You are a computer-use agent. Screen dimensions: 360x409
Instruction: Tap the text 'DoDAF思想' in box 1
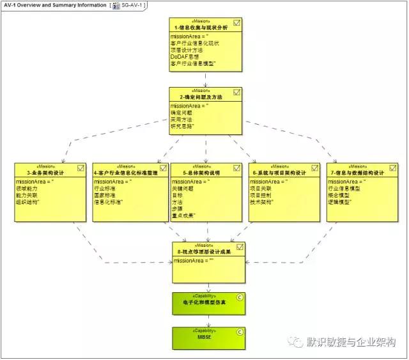[x=185, y=56]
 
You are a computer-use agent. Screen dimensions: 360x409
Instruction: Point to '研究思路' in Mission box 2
[x=181, y=126]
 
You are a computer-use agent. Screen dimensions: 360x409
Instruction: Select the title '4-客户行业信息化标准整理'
[x=126, y=173]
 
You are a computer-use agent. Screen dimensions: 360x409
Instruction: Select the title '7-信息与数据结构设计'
[x=357, y=173]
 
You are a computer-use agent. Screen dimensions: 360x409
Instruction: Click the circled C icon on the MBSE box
[x=240, y=331]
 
